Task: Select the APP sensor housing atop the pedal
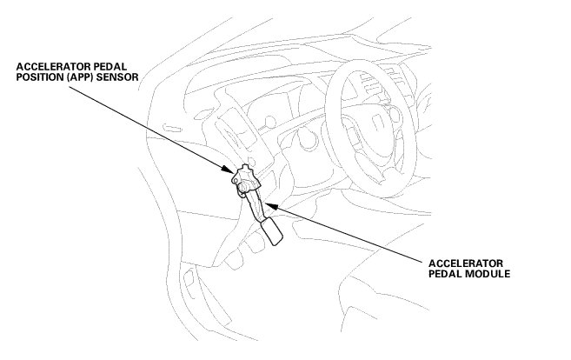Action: tap(245, 178)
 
